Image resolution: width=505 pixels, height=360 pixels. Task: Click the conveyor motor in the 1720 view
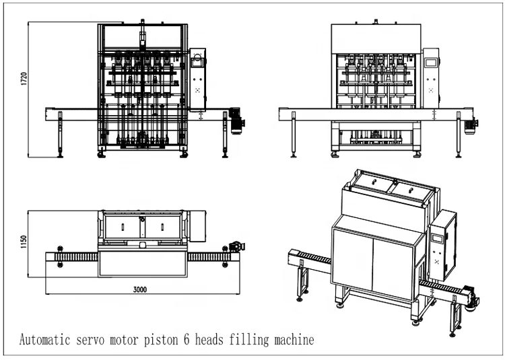tap(237, 120)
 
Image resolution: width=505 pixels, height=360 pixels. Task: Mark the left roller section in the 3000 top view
tap(76, 256)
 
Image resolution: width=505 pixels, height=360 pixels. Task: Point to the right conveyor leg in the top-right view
tap(459, 137)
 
